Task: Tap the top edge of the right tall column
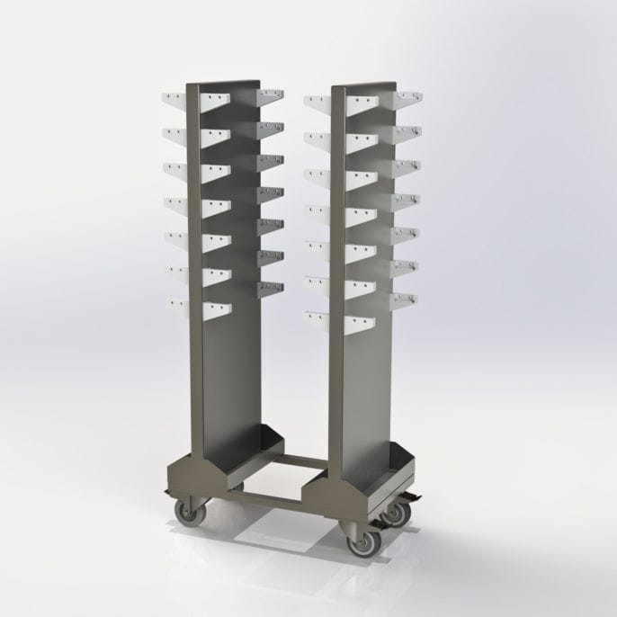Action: tap(364, 86)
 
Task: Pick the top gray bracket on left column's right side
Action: tap(269, 96)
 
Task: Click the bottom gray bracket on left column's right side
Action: tap(269, 288)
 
